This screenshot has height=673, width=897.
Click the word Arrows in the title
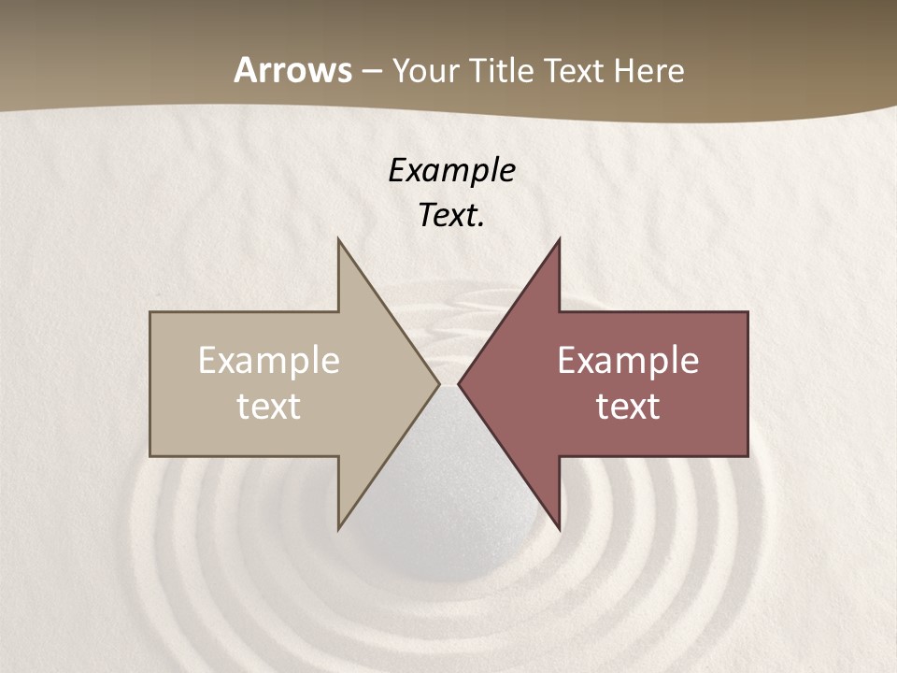tap(293, 71)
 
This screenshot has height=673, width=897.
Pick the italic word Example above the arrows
tap(451, 170)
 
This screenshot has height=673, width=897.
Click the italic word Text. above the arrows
tap(451, 216)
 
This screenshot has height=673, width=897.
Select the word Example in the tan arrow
tap(268, 361)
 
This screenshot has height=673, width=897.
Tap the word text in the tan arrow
tap(268, 407)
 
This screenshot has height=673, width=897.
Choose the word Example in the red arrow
tap(628, 361)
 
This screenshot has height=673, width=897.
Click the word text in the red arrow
tap(628, 407)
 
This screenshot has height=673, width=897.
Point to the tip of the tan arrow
tap(438, 383)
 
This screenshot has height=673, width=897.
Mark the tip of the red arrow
tap(459, 383)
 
